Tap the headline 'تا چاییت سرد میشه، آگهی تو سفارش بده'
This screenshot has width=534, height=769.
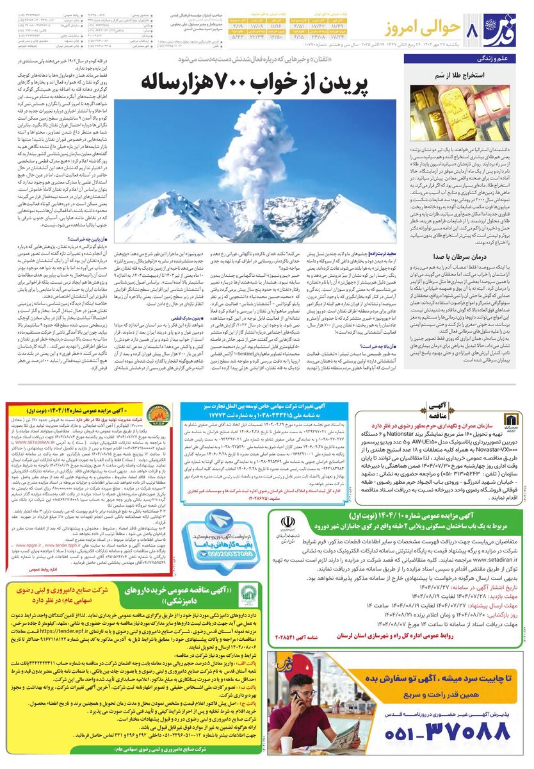[441, 679]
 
